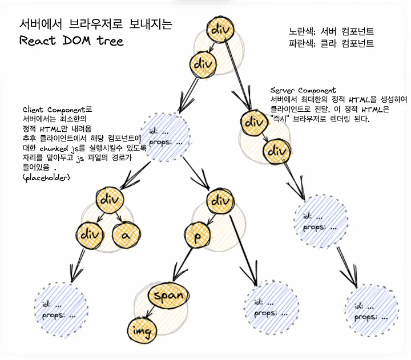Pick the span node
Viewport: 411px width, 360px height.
(168, 295)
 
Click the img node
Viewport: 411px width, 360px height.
(140, 330)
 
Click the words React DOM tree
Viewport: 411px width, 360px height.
(71, 41)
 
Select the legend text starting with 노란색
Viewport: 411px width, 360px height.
(332, 31)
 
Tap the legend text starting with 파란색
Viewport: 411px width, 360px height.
(332, 43)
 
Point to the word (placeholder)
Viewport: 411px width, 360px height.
(46, 179)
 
